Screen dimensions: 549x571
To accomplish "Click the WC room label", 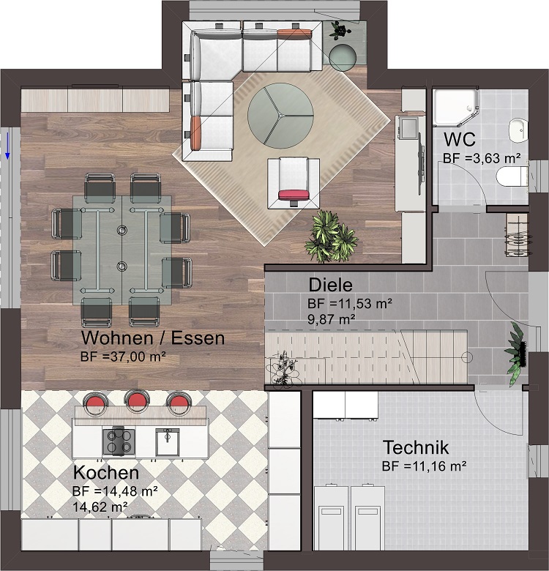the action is click(x=460, y=139).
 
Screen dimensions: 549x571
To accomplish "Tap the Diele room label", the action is click(x=331, y=285).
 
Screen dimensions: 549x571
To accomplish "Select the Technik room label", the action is click(x=416, y=447).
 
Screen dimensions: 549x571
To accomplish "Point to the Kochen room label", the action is click(x=106, y=473).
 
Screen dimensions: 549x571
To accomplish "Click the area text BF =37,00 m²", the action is click(x=124, y=357).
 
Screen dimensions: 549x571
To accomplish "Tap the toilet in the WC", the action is click(x=512, y=176).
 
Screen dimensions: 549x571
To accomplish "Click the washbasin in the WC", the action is click(x=518, y=131).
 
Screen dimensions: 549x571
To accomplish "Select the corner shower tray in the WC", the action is click(x=456, y=108).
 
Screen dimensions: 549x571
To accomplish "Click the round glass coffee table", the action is click(x=280, y=116).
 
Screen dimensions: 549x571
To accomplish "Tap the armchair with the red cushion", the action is click(x=294, y=183).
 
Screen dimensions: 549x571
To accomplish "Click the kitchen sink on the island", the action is click(x=168, y=441).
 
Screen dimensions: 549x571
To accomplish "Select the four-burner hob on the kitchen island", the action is click(x=119, y=441).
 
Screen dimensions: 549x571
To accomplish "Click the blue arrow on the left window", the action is click(x=7, y=146).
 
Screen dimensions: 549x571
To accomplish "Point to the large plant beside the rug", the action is click(x=332, y=236).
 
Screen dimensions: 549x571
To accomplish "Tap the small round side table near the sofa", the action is click(x=343, y=57).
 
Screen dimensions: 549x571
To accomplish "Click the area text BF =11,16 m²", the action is click(x=425, y=466).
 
